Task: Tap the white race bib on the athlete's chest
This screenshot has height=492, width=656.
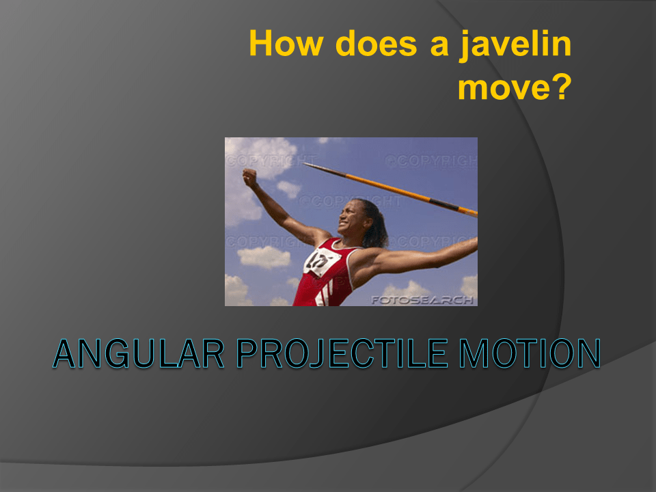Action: coord(319,261)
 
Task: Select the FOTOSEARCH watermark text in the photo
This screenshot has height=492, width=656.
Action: coord(422,299)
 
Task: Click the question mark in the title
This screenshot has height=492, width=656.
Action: coord(560,87)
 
